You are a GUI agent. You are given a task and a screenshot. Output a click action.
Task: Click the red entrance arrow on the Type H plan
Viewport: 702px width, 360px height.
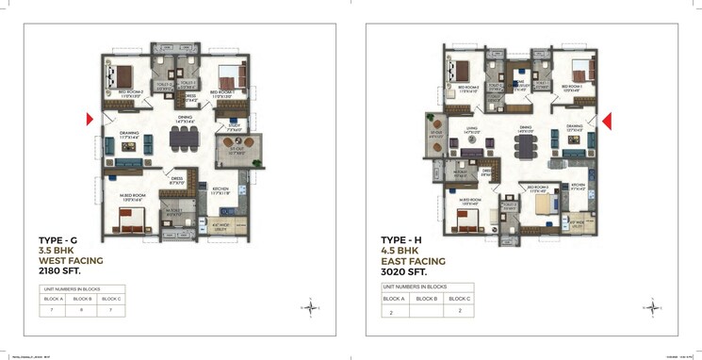[609, 119]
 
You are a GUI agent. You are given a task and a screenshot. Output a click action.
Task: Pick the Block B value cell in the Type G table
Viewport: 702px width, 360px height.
[83, 308]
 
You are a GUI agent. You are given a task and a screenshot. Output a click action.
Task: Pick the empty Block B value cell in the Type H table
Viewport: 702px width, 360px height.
[426, 310]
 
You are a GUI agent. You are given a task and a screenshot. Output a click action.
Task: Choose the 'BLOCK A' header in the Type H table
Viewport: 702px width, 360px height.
[394, 298]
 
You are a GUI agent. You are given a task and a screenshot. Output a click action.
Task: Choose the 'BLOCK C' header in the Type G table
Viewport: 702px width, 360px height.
[112, 298]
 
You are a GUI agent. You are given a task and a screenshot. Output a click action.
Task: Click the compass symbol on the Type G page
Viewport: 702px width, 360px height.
[309, 305]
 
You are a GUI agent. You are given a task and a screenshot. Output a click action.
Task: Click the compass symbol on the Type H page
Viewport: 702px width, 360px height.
[651, 305]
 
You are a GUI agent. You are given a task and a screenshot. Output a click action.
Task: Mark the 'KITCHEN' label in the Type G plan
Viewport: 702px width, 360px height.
[220, 188]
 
